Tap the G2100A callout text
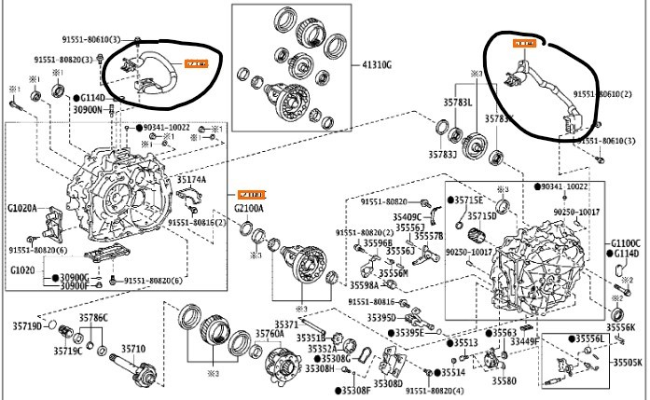pos(250,208)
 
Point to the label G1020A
pos(23,208)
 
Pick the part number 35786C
pos(93,317)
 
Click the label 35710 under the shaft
pos(133,348)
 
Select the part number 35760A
pos(242,333)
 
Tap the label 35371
pos(284,324)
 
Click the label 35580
pos(505,380)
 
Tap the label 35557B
pos(428,237)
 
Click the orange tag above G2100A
pos(251,194)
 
